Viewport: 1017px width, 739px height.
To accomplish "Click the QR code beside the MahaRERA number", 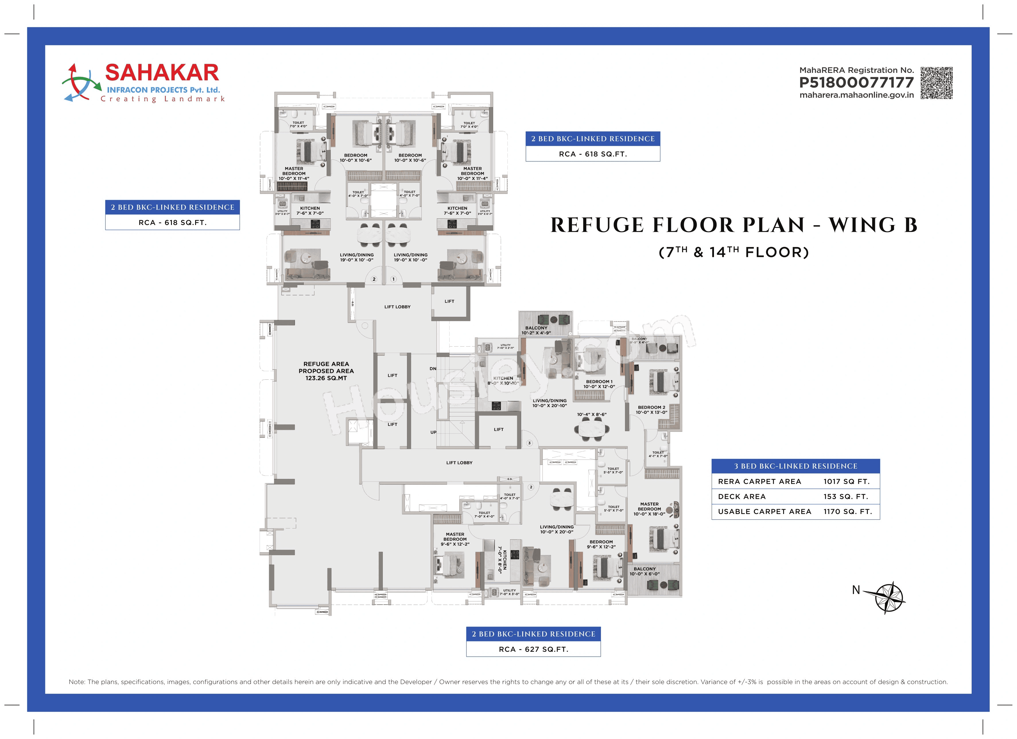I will (936, 83).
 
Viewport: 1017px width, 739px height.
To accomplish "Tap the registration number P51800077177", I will (856, 83).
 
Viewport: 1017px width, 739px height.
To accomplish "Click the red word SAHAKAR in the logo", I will (162, 73).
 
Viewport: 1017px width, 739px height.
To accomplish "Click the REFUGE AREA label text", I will (326, 364).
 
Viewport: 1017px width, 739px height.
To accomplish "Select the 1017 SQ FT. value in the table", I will (846, 482).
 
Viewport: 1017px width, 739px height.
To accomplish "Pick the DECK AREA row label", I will (742, 496).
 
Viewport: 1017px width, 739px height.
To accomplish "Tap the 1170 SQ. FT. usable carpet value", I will (847, 512).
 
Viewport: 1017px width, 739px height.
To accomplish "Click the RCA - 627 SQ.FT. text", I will (533, 649).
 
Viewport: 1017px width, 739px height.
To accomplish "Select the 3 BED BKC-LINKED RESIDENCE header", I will (795, 466).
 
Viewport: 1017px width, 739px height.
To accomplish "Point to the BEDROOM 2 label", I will (651, 408).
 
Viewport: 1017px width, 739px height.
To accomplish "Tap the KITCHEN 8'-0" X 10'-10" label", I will (503, 381).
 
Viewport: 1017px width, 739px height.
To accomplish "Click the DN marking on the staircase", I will (433, 368).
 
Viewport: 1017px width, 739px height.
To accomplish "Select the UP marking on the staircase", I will (433, 432).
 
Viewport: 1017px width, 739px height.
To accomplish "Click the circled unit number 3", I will (529, 443).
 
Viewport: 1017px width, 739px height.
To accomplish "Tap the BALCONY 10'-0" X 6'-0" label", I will (644, 571).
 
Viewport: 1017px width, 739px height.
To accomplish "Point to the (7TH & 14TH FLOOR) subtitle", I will (733, 252).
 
